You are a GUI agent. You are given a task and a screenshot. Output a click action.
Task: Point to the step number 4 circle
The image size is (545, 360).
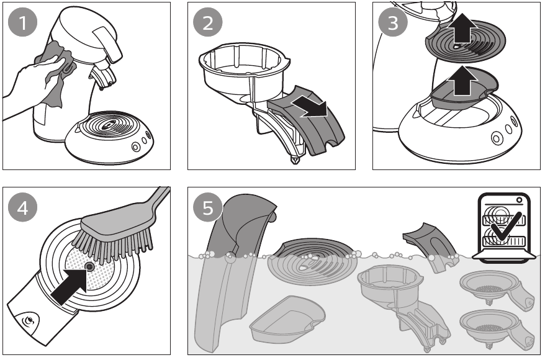(x=22, y=207)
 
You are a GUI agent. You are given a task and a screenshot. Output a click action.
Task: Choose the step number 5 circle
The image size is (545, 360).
(x=207, y=207)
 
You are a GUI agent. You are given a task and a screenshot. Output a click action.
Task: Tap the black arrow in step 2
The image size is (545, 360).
(x=309, y=106)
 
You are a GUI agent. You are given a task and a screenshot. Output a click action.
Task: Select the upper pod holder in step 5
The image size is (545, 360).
(x=497, y=284)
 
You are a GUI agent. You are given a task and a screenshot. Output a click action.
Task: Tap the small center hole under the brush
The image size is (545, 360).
(x=89, y=267)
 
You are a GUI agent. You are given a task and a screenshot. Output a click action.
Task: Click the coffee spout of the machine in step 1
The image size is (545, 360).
(x=102, y=77)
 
